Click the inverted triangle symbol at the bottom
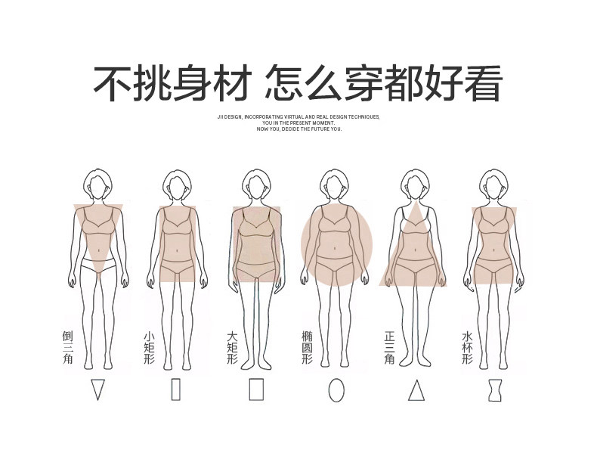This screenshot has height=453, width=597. click(x=97, y=389)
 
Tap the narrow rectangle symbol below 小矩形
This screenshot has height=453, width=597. click(x=176, y=389)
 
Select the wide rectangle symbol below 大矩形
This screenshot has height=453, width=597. click(x=257, y=389)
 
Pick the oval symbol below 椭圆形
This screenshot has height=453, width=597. click(x=336, y=389)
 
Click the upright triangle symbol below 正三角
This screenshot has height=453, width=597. click(x=416, y=389)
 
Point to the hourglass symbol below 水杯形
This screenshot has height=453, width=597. click(x=496, y=389)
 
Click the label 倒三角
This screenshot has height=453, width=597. click(x=67, y=347)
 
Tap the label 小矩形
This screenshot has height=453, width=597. click(x=148, y=347)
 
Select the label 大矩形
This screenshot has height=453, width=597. click(x=232, y=347)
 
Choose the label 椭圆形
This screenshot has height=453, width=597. click(x=307, y=347)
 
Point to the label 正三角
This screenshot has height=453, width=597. click(x=389, y=347)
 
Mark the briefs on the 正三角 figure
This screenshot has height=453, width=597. click(x=413, y=265)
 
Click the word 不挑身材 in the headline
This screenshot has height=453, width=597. click(x=170, y=84)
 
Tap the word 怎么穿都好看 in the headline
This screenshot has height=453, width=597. click(x=384, y=84)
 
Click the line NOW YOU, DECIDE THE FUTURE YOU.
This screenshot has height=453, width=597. click(x=298, y=129)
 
